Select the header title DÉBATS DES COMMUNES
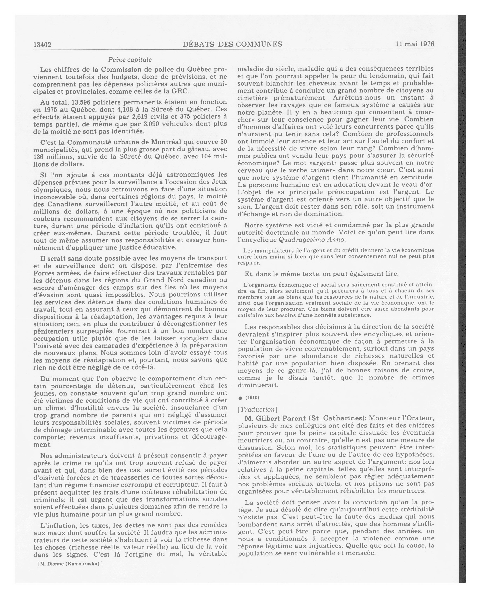[232, 44]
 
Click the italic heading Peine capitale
[130, 60]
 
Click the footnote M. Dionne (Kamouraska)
[70, 564]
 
